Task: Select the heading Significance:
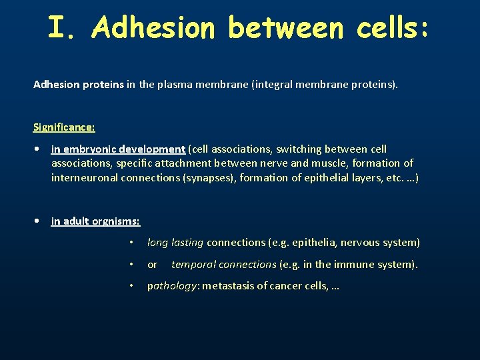(x=64, y=126)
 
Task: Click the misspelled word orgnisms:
(x=115, y=221)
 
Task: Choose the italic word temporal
(x=193, y=265)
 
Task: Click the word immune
(x=355, y=265)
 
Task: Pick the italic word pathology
(x=171, y=286)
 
